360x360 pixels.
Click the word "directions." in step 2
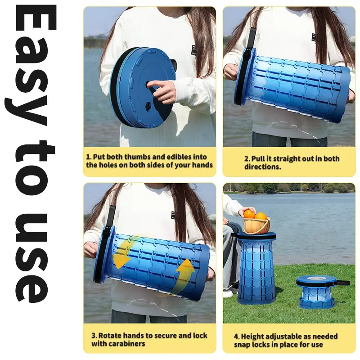coord(263,167)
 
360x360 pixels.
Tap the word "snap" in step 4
coord(242,345)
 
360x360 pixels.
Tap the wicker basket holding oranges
coord(257,225)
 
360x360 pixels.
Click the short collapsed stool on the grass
coord(316,292)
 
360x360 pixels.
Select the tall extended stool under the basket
coord(256,267)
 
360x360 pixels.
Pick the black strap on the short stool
coord(341,283)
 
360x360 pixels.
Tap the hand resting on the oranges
coord(247,211)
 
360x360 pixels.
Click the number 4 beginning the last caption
coord(236,337)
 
